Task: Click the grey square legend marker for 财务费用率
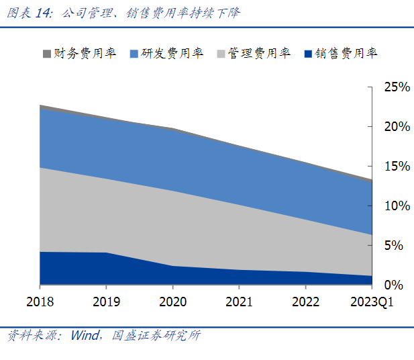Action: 46,53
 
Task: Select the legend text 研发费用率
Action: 172,53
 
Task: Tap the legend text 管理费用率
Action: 259,53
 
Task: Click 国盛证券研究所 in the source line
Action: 155,334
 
